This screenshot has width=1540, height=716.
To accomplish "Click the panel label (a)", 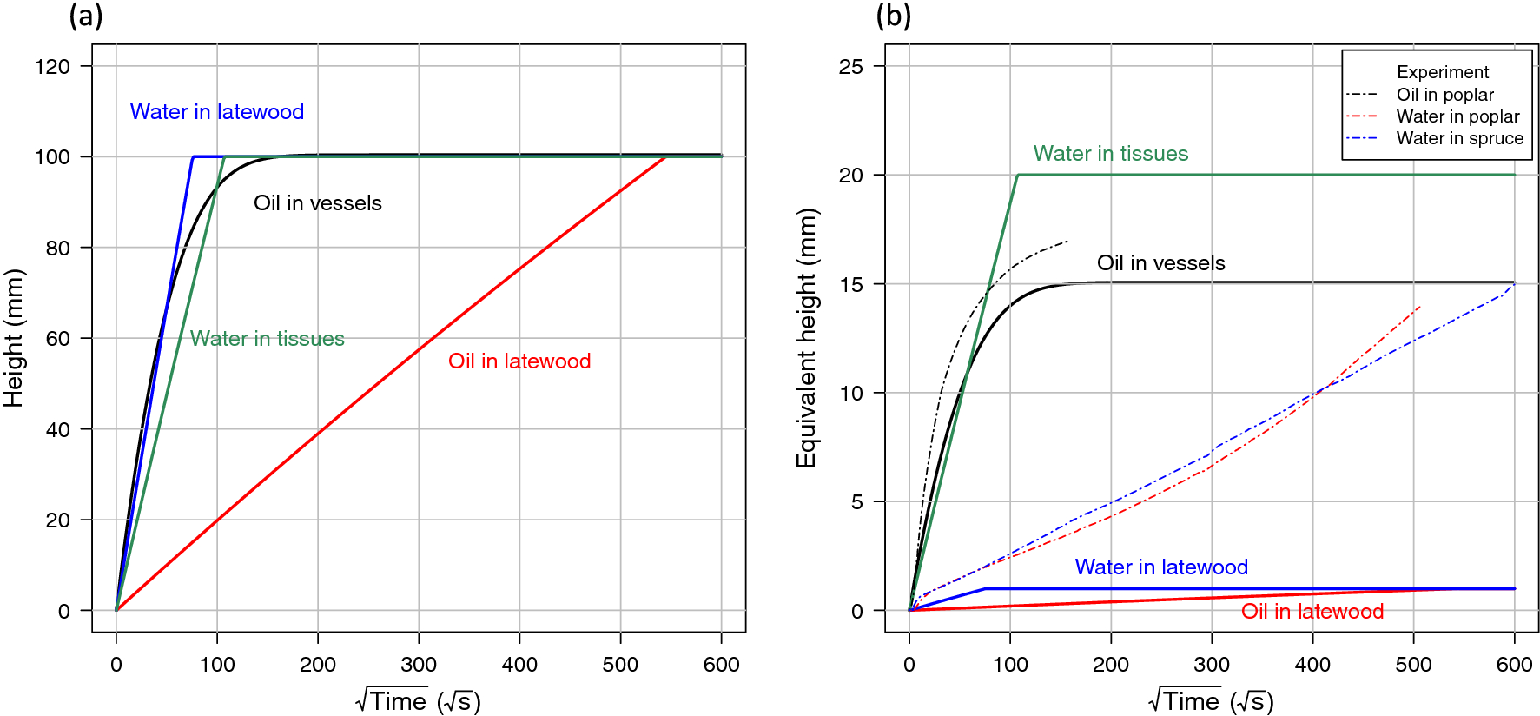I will click(86, 16).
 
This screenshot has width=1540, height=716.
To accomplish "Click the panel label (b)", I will click(894, 16).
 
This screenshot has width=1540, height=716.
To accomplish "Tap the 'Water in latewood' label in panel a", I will click(217, 112).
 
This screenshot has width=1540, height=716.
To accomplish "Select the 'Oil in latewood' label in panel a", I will click(519, 361).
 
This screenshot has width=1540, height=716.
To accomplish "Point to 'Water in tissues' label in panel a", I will click(268, 339).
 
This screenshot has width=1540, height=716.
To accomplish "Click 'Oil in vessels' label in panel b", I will click(1160, 263).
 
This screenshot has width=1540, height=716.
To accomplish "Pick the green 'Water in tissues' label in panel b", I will click(1110, 154).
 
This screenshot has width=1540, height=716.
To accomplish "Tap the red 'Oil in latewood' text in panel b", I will click(1312, 612).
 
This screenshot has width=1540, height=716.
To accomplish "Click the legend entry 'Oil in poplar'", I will click(1444, 95).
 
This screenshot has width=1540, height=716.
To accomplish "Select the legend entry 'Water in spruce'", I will click(1459, 138).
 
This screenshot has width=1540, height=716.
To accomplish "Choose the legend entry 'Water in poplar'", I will click(1457, 116).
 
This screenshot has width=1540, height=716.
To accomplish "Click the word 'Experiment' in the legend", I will click(1442, 72).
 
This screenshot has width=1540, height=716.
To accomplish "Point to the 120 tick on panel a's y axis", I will click(53, 67).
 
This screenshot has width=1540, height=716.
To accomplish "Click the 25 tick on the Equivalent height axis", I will click(851, 67).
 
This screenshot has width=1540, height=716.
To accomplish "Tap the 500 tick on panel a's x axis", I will click(620, 665).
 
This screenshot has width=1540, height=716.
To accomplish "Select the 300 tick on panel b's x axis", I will click(1212, 665).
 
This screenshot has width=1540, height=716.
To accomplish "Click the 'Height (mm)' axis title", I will click(14, 338).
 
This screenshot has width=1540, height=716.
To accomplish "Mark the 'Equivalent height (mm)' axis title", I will click(807, 338).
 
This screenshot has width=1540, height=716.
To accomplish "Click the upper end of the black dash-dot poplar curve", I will click(1067, 242).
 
